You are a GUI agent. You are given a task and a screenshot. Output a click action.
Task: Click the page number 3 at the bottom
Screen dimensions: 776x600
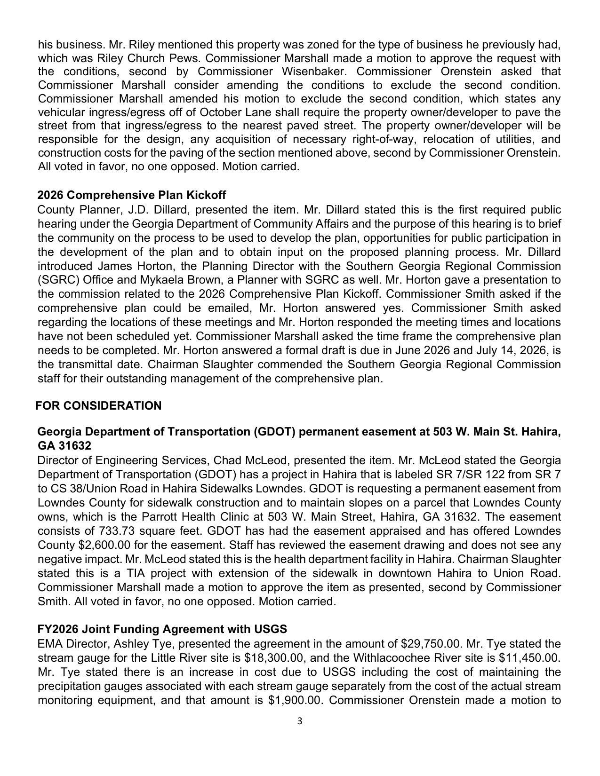pos(299,721)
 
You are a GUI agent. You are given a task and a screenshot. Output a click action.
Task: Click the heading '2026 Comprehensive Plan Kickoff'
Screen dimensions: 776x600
pos(131,195)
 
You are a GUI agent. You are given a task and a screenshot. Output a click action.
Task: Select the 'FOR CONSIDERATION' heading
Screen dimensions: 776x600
pos(98,406)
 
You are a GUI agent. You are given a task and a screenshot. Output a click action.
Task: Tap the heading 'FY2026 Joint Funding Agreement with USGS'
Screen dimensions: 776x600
pos(162,629)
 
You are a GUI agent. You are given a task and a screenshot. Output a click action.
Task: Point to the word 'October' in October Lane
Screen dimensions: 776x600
pos(220,113)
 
